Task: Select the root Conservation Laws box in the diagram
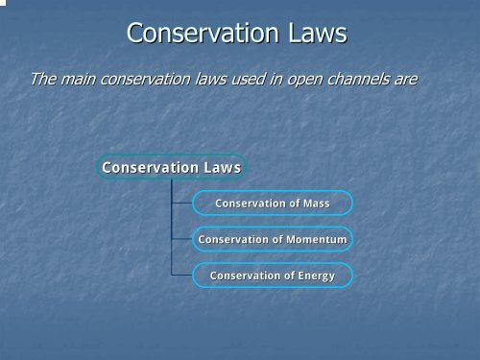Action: tap(172, 168)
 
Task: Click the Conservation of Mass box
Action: tap(273, 204)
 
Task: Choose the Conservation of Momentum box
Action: tap(273, 239)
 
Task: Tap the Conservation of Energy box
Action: tap(273, 276)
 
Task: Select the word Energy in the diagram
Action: tap(316, 276)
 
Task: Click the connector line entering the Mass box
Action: tap(181, 204)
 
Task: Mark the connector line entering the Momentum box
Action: tap(181, 239)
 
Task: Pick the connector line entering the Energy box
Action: tap(181, 276)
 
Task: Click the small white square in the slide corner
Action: tap(3, 3)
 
